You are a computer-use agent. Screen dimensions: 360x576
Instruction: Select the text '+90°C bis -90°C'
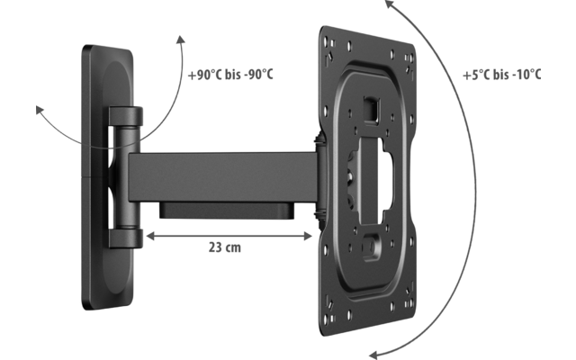click(229, 73)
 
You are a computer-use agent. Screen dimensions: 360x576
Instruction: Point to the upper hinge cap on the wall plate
click(126, 118)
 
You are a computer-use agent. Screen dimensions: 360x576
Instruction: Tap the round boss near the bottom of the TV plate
click(371, 242)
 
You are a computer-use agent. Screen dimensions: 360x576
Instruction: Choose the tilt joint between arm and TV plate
click(318, 176)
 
